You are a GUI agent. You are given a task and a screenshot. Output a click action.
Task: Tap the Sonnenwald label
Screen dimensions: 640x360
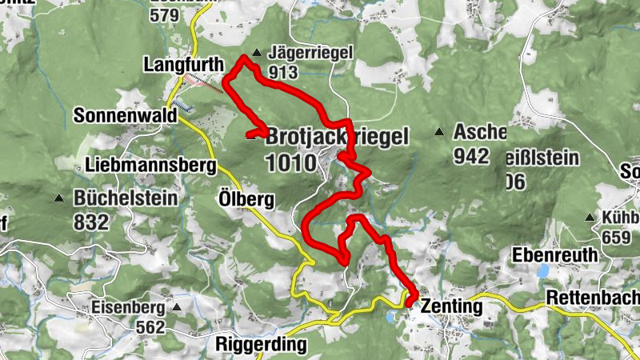pos(125,115)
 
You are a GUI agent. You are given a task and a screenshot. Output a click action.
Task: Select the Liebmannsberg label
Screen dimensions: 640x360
pos(150,166)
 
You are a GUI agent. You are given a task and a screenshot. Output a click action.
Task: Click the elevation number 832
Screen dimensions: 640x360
pos(90,222)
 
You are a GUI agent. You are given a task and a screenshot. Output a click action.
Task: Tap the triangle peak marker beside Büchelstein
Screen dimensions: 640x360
pos(58,198)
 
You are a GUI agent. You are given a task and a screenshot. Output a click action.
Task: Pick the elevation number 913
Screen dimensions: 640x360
pos(284,73)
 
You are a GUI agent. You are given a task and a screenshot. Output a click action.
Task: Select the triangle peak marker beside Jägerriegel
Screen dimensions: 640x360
pos(256,54)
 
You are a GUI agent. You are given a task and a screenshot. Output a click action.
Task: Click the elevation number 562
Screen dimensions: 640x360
pos(150,327)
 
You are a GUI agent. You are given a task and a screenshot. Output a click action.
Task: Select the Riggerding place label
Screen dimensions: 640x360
pos(262,346)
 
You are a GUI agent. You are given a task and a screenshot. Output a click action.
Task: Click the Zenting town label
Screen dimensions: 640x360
pos(451,306)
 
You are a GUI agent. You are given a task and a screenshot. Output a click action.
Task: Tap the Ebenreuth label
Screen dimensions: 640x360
pos(555,255)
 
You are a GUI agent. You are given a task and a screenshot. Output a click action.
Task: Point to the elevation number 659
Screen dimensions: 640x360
pos(618,237)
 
